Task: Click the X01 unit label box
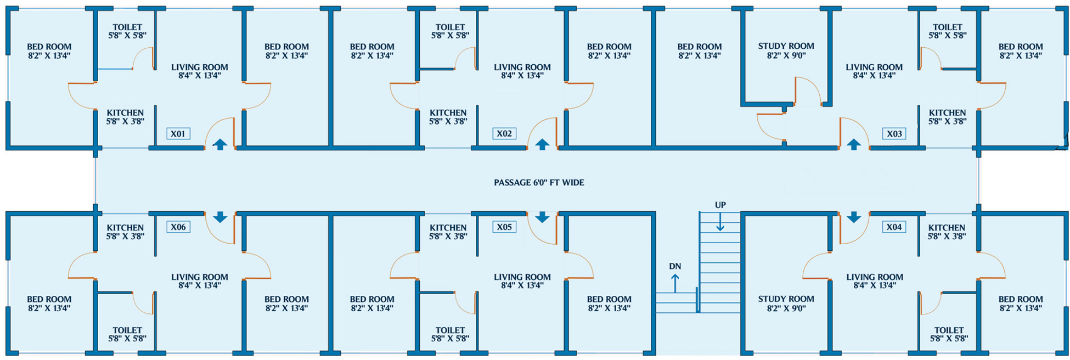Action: [x=178, y=133]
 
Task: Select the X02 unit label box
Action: [x=504, y=133]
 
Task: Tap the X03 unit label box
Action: [x=894, y=133]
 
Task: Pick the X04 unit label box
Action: [x=894, y=227]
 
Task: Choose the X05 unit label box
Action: [x=504, y=227]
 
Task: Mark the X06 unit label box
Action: [x=178, y=227]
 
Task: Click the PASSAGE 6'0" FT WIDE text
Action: [x=539, y=182]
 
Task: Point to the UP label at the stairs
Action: [x=720, y=205]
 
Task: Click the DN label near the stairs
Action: [x=675, y=266]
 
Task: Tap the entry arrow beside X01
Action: [x=220, y=144]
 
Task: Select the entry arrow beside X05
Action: [x=542, y=217]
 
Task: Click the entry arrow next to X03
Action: [x=854, y=144]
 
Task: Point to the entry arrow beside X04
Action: [x=854, y=217]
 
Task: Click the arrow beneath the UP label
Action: [x=720, y=222]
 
